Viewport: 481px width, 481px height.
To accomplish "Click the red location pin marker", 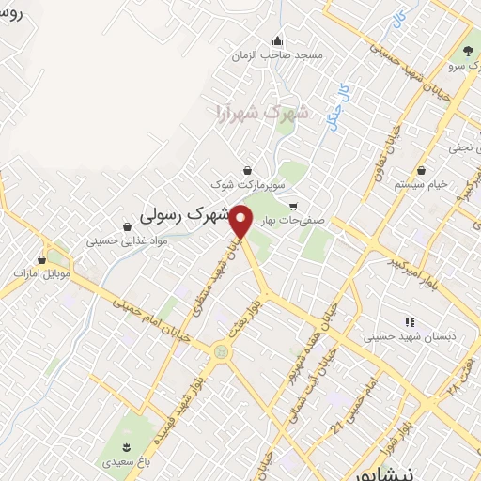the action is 242,221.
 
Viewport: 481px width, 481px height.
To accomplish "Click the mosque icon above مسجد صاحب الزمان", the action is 277,40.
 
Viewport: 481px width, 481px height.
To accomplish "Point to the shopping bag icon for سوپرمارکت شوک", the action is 246,170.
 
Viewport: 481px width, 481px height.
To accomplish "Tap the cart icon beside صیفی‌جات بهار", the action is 293,207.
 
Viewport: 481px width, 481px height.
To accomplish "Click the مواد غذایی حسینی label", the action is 127,240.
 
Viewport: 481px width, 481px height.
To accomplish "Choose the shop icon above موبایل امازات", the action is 41,258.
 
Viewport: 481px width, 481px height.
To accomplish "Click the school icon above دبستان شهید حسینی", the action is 409,322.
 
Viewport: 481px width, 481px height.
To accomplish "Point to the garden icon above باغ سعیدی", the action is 129,445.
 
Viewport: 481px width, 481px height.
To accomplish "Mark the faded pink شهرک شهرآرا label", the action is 247,112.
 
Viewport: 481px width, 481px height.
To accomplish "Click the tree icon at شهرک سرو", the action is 468,50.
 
